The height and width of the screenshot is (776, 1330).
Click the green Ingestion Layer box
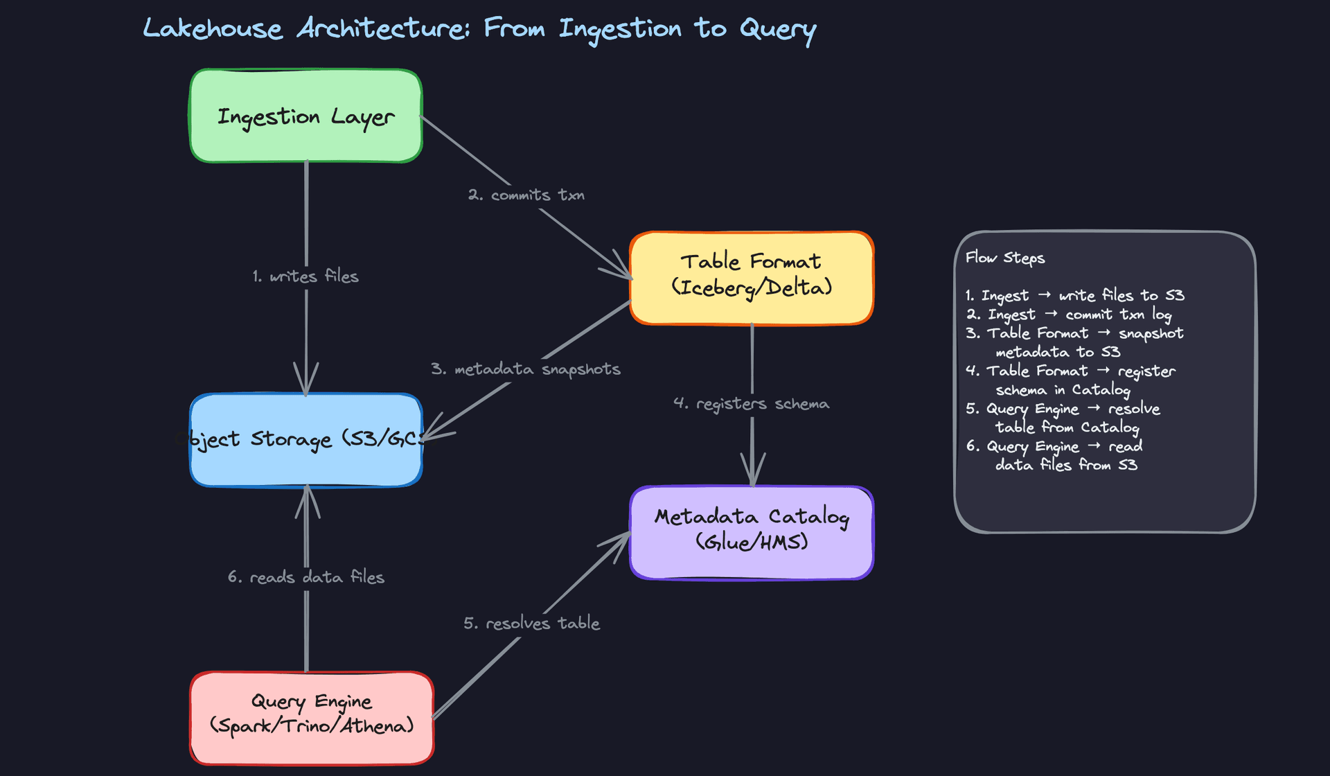pyautogui.click(x=305, y=116)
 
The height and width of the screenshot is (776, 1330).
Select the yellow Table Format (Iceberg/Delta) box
pyautogui.click(x=752, y=277)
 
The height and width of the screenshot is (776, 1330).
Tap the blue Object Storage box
pyautogui.click(x=305, y=439)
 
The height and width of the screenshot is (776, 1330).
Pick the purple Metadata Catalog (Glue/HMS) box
pyautogui.click(x=752, y=532)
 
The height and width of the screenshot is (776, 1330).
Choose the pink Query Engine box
pyautogui.click(x=312, y=717)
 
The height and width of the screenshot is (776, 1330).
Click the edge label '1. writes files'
pyautogui.click(x=305, y=276)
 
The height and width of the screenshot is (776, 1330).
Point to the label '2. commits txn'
pyautogui.click(x=526, y=195)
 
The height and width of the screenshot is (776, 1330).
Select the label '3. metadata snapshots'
pyautogui.click(x=525, y=369)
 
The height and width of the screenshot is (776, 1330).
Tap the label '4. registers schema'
pyautogui.click(x=752, y=404)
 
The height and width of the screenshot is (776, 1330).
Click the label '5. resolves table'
pyautogui.click(x=531, y=624)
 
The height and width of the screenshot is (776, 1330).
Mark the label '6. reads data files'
pyautogui.click(x=305, y=577)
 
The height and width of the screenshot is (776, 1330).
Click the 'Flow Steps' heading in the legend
pyautogui.click(x=1005, y=258)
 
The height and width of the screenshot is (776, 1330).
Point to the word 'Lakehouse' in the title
pyautogui.click(x=213, y=29)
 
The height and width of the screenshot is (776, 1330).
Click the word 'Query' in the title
pyautogui.click(x=777, y=29)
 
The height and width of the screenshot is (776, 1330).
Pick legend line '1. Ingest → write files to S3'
pyautogui.click(x=1074, y=296)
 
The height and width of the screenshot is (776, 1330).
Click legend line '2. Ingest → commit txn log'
pyautogui.click(x=1069, y=315)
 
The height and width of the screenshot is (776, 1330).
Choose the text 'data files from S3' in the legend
pyautogui.click(x=1066, y=465)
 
